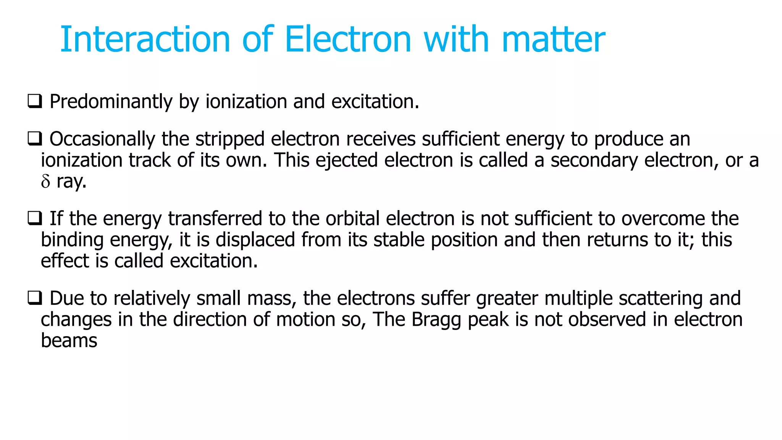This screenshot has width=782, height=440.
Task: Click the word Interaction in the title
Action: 145,39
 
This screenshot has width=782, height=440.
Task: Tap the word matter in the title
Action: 553,40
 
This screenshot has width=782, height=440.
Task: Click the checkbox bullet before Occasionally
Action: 35,139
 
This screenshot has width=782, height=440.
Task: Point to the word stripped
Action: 230,139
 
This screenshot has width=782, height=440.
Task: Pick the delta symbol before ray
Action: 45,182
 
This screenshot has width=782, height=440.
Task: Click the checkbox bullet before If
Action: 35,218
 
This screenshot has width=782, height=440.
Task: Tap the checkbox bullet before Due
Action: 35,298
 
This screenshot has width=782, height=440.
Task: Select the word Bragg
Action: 436,320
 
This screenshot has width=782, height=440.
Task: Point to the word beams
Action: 69,341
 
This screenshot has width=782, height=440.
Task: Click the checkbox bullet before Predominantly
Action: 35,102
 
